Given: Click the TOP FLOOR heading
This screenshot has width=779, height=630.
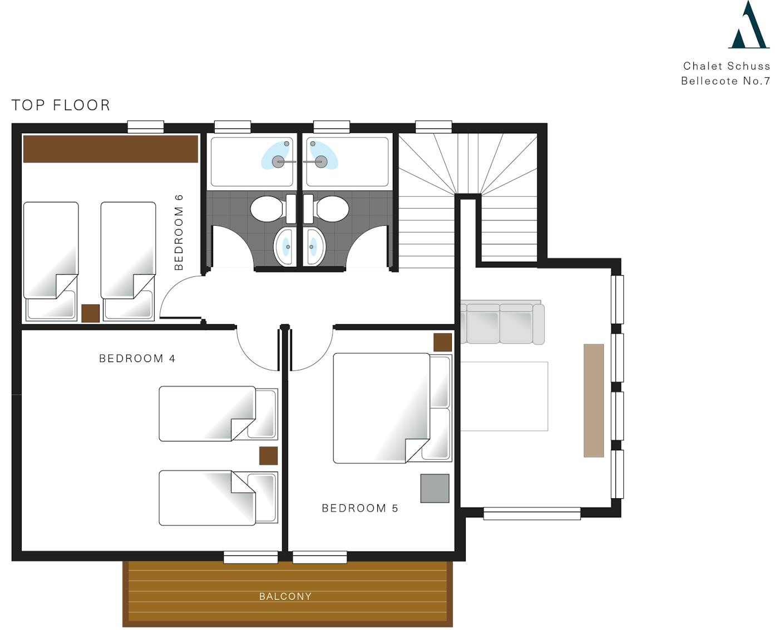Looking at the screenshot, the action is (61, 105).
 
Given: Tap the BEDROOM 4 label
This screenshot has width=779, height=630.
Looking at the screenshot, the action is (137, 359).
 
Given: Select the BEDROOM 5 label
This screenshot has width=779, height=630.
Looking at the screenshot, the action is (360, 508).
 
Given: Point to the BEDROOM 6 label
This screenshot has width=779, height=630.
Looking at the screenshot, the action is (179, 232).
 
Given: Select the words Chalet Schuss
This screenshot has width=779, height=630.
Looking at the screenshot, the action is (727, 66).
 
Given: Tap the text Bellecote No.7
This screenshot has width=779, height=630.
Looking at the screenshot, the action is (726, 81).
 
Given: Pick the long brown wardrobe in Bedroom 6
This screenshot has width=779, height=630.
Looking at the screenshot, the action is (111, 148).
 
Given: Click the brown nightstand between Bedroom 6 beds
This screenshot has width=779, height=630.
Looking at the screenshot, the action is (90, 313).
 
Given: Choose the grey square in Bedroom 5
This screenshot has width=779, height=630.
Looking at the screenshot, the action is (435, 488).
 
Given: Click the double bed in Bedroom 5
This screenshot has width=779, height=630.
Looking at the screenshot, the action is (392, 408).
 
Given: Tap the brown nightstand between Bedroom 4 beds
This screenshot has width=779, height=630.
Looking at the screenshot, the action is (268, 456).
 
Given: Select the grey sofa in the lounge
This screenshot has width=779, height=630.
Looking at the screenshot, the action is (502, 323).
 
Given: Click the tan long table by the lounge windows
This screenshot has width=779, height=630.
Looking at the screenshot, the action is (594, 400).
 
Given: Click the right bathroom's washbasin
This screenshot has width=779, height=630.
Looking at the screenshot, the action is (313, 247).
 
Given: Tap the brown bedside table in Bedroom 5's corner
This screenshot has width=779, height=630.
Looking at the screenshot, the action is (442, 343).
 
